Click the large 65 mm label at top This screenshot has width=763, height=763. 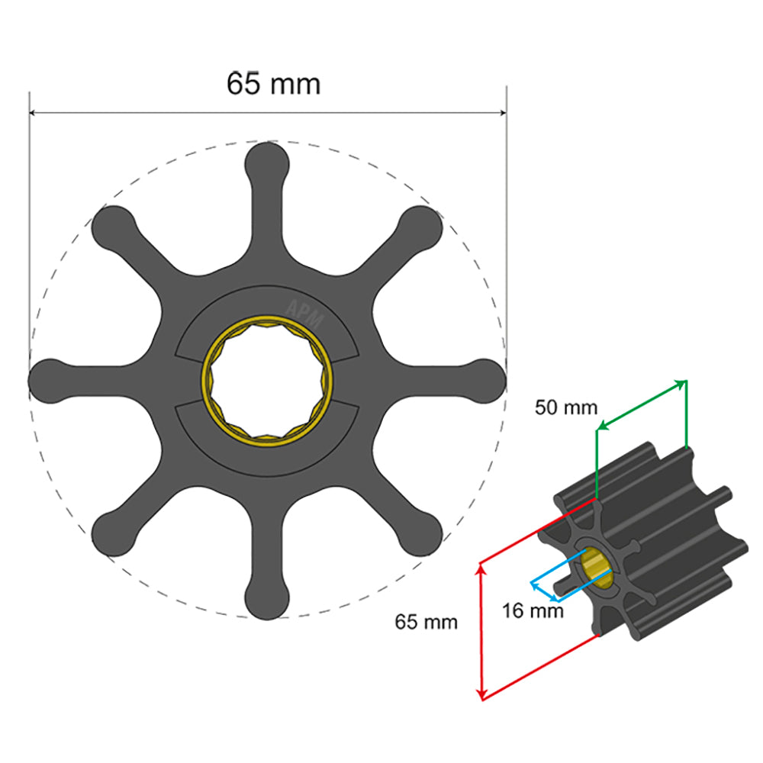point(273,83)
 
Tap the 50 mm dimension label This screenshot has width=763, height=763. point(565,407)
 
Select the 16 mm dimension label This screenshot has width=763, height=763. point(533,611)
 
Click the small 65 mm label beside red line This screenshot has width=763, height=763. point(426,622)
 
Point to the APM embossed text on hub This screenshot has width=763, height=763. point(304,312)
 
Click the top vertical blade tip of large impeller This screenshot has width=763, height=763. point(268,160)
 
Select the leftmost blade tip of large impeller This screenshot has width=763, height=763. point(47,379)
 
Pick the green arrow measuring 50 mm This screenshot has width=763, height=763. point(641,404)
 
